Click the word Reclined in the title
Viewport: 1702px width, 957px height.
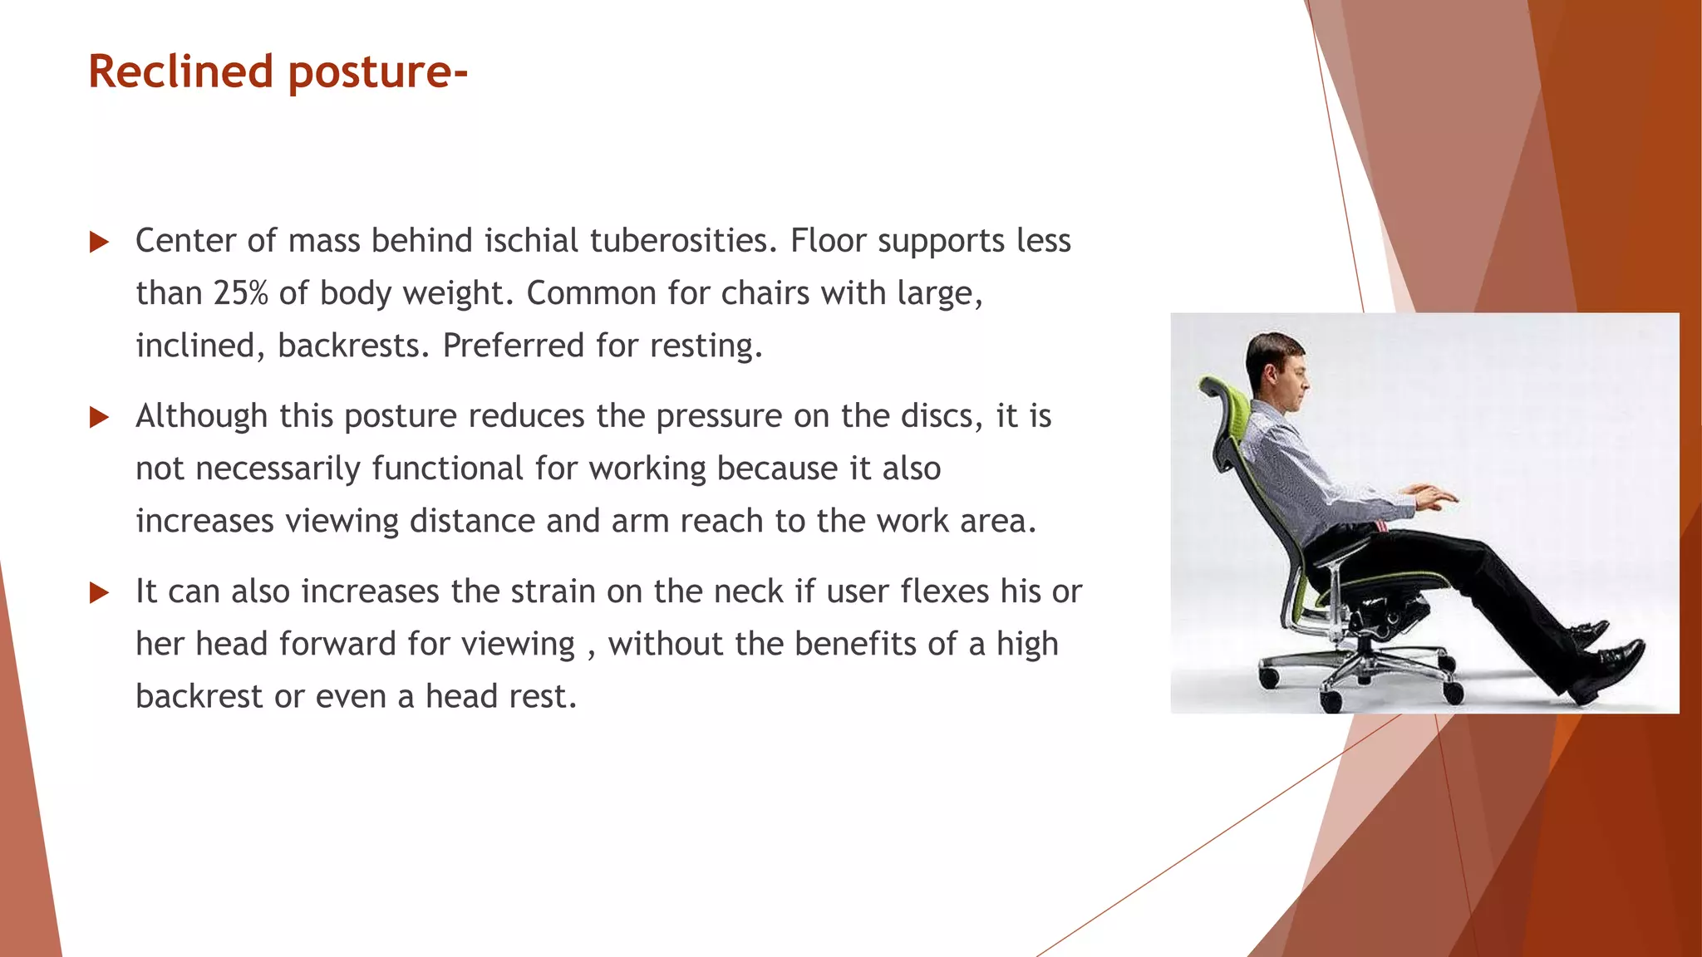point(180,71)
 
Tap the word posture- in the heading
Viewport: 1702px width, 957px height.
point(378,73)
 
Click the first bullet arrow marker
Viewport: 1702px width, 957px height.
point(99,243)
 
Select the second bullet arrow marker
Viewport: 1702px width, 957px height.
point(99,417)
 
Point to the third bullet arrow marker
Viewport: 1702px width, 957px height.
point(99,592)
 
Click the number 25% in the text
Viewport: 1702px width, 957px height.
point(240,293)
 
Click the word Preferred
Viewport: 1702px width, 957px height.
point(514,346)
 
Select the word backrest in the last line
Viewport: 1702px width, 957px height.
point(199,696)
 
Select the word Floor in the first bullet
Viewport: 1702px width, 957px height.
point(828,241)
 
